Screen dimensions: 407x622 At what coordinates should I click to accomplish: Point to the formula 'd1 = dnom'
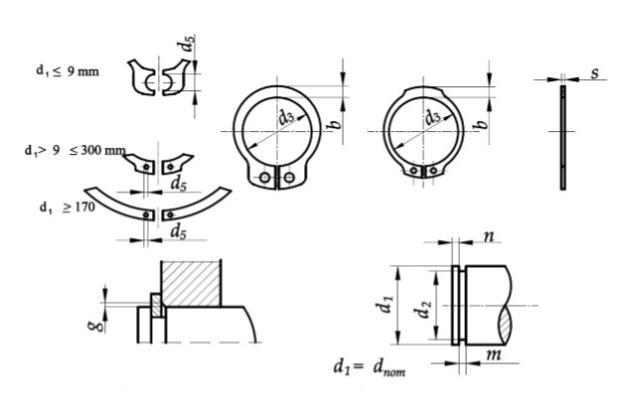369,367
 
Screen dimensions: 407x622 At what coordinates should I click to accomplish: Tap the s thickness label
592,72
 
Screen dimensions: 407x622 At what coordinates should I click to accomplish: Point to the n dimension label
490,237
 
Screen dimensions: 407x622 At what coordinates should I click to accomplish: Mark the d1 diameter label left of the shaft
387,306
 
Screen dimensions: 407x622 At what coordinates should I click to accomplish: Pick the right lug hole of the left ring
288,179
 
